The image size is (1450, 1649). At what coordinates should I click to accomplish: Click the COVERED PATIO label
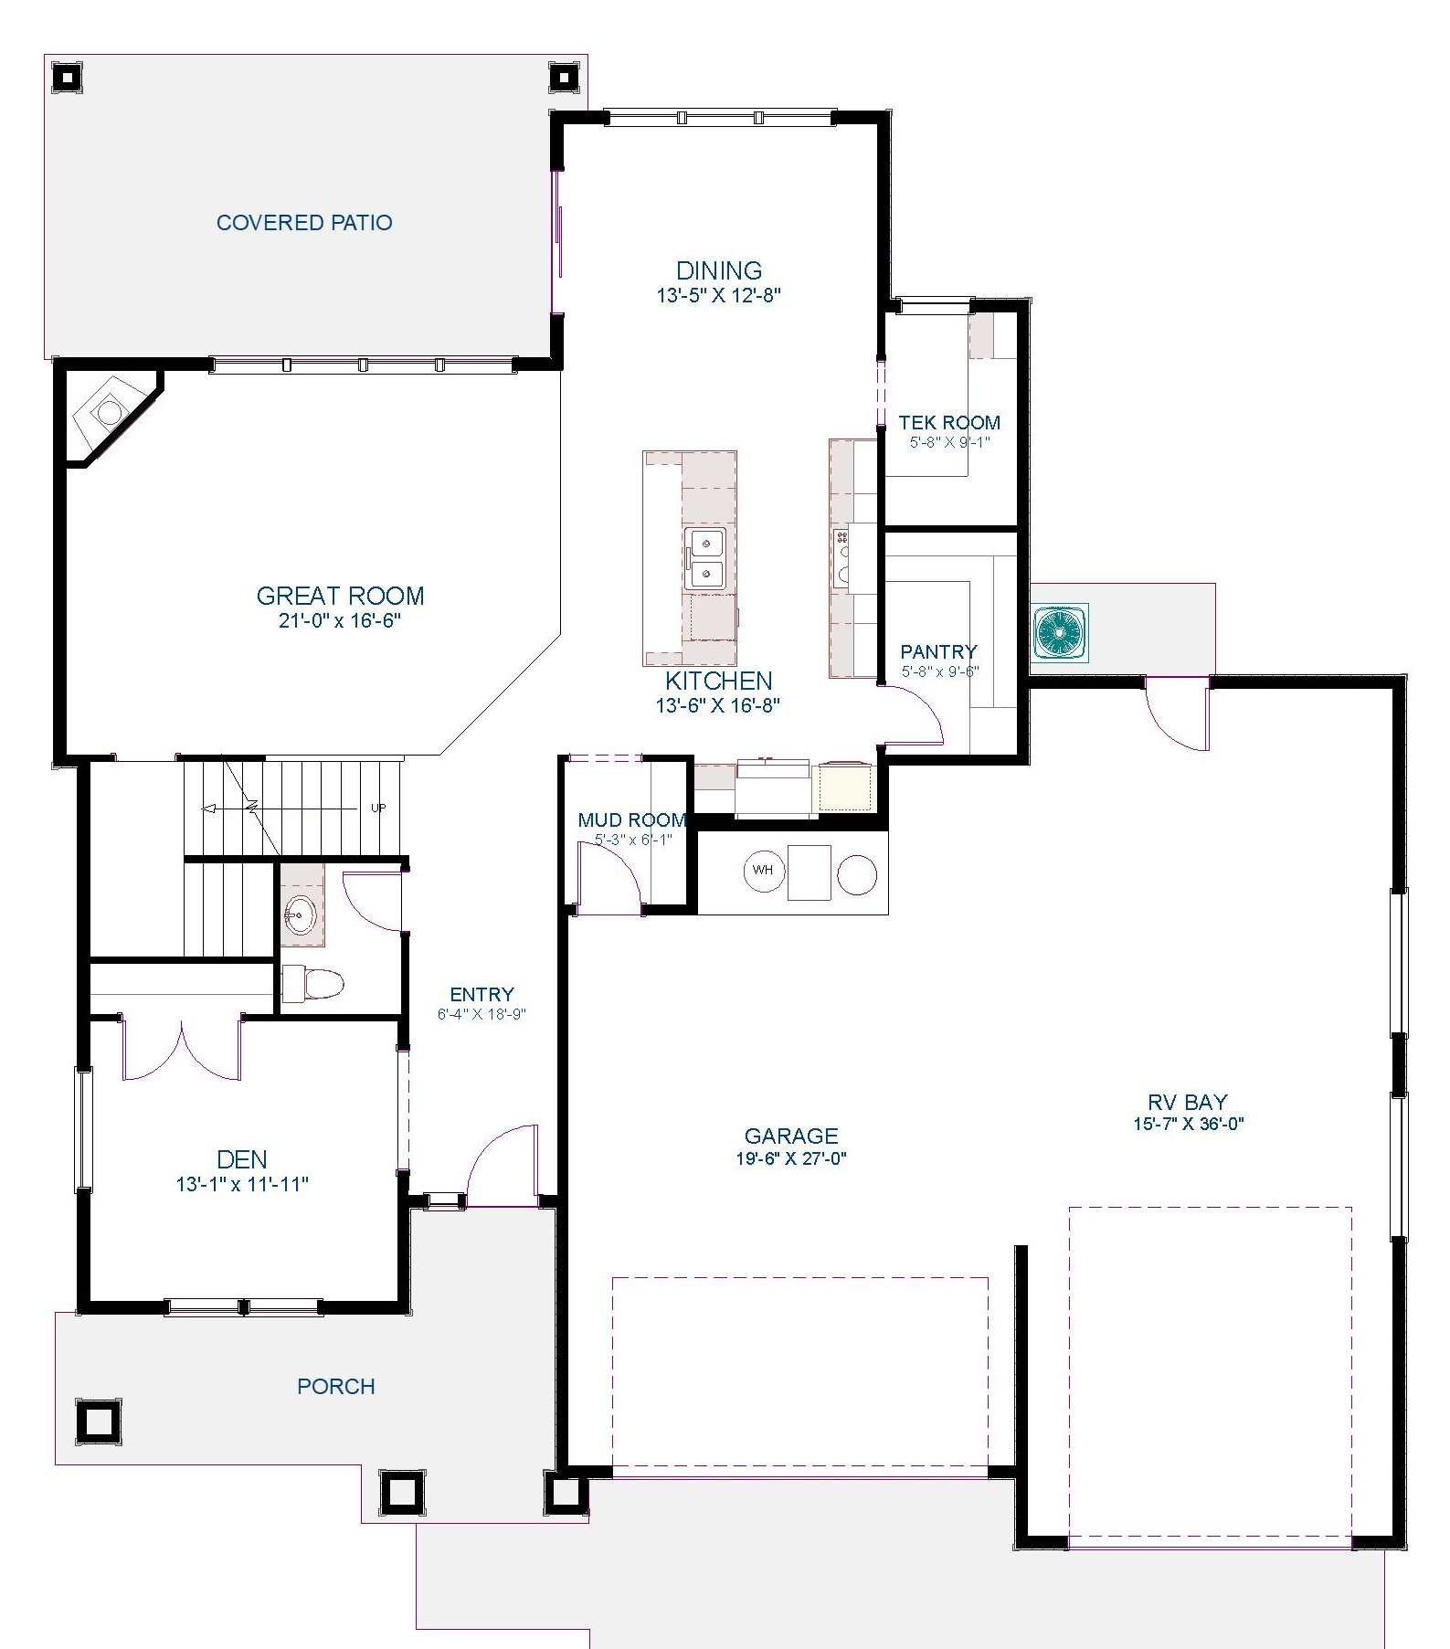(304, 223)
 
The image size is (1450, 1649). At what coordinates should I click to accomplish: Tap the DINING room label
(719, 270)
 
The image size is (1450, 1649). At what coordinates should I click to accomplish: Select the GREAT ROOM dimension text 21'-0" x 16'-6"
(341, 621)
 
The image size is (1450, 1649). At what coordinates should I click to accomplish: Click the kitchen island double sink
(705, 558)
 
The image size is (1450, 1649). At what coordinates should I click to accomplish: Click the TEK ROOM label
(949, 423)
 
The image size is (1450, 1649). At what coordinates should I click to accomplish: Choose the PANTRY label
(939, 651)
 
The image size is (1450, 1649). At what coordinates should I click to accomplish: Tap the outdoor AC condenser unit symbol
(1061, 632)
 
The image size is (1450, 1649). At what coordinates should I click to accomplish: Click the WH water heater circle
(764, 871)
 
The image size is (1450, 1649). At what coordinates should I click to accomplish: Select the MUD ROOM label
(631, 820)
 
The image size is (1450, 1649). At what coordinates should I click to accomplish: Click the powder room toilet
(312, 984)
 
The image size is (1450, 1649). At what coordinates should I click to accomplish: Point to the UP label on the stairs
(378, 808)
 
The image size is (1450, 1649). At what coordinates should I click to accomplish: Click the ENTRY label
(482, 995)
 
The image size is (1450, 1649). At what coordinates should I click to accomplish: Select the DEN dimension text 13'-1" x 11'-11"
(242, 1185)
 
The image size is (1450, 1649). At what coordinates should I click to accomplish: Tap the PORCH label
(336, 1387)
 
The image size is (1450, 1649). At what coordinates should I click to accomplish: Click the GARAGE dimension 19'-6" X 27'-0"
(791, 1159)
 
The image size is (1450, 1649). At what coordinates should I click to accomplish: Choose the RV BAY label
(1188, 1102)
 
